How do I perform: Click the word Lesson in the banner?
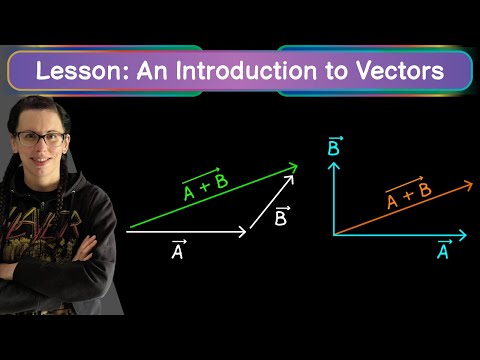(x=82, y=71)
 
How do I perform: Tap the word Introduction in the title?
(x=245, y=71)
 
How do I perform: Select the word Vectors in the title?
(x=400, y=71)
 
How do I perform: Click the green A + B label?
(x=206, y=184)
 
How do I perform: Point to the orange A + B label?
(x=409, y=194)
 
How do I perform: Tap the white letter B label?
(x=282, y=216)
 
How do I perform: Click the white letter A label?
(x=178, y=249)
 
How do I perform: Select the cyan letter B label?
(x=335, y=146)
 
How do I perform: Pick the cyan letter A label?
(x=444, y=249)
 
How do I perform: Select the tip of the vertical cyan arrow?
(x=334, y=162)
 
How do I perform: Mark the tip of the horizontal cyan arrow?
(x=466, y=235)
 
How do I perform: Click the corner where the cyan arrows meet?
(x=334, y=235)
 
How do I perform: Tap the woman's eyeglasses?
(x=41, y=139)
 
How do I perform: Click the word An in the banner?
(x=152, y=71)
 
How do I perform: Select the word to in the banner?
(x=336, y=71)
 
